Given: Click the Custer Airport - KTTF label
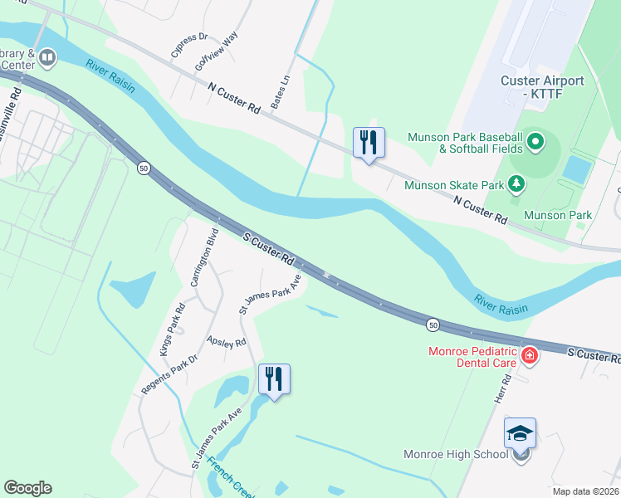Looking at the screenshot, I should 542,88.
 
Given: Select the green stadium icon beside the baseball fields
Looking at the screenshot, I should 535,143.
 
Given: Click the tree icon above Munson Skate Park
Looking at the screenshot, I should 516,182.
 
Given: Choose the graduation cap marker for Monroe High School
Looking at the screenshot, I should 520,433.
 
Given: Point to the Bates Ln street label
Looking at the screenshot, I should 291,82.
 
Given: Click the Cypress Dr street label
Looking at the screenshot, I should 190,45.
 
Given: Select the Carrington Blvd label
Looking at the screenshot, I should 204,257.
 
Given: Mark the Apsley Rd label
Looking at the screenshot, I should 227,342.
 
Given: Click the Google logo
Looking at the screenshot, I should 27,488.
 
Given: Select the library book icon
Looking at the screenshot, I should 46,57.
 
